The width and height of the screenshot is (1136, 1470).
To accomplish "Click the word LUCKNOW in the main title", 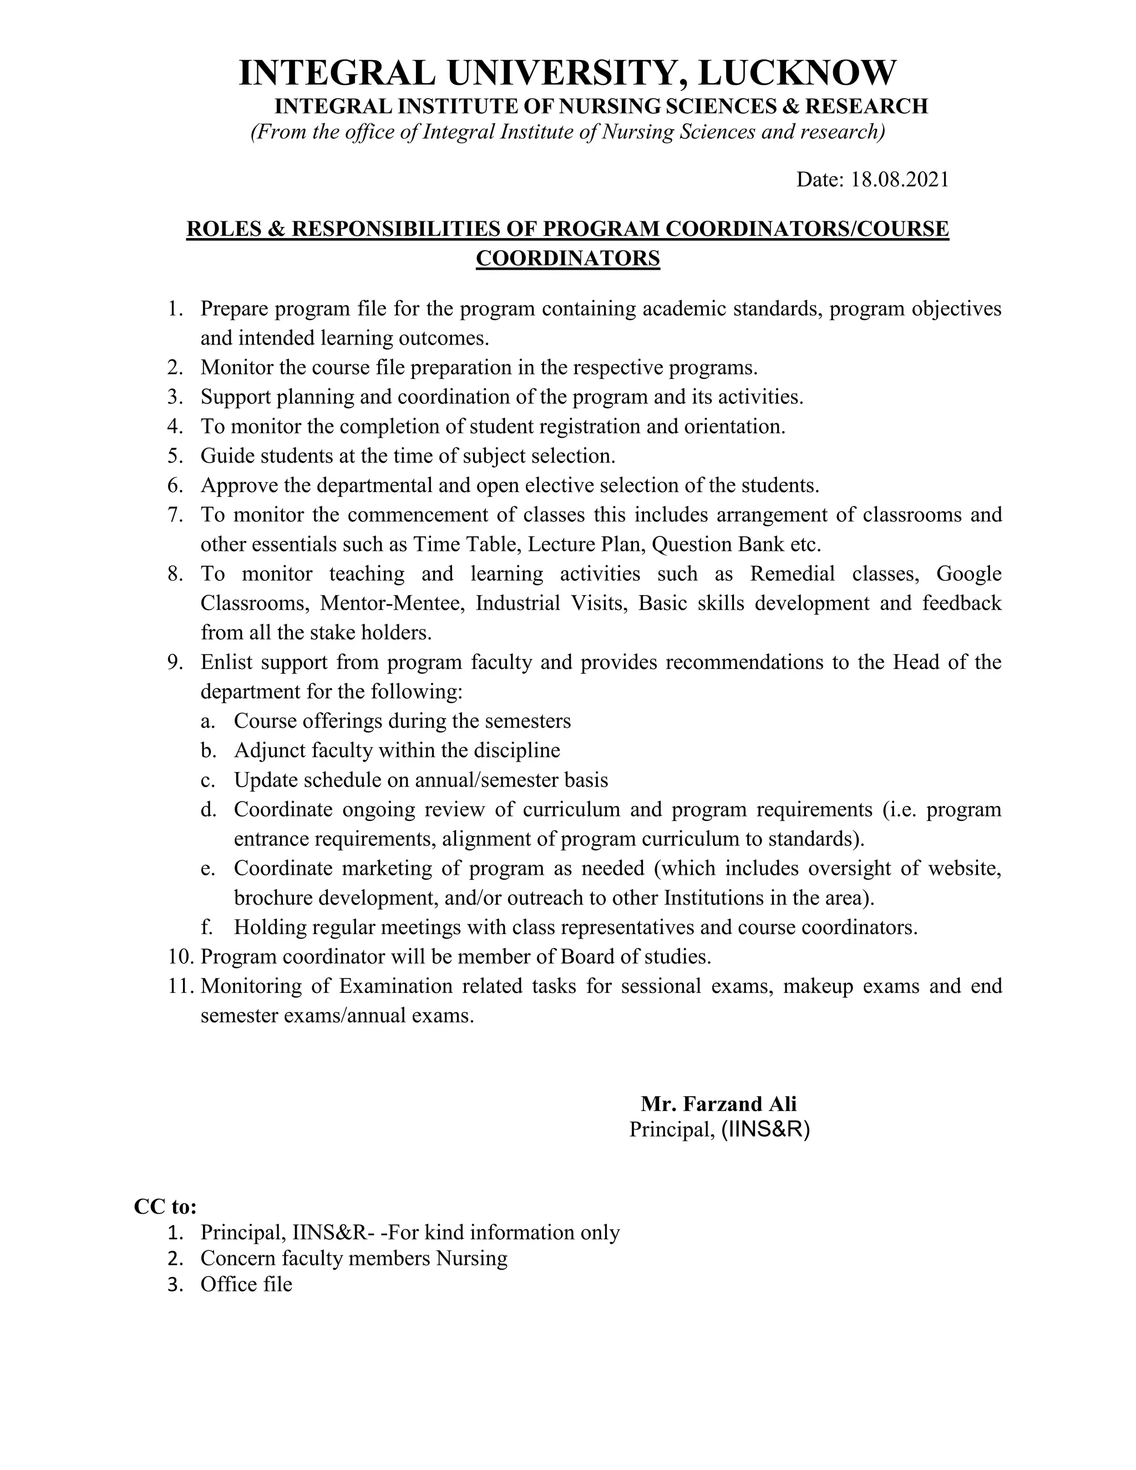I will click(x=797, y=73).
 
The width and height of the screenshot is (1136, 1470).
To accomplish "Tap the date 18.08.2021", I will click(x=900, y=180).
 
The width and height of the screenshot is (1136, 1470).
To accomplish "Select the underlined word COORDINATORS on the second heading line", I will click(x=567, y=258).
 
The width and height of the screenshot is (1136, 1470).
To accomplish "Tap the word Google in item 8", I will click(x=968, y=574).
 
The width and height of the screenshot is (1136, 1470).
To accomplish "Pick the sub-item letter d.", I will click(x=208, y=810).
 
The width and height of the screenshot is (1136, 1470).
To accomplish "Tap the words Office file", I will click(x=246, y=1284).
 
